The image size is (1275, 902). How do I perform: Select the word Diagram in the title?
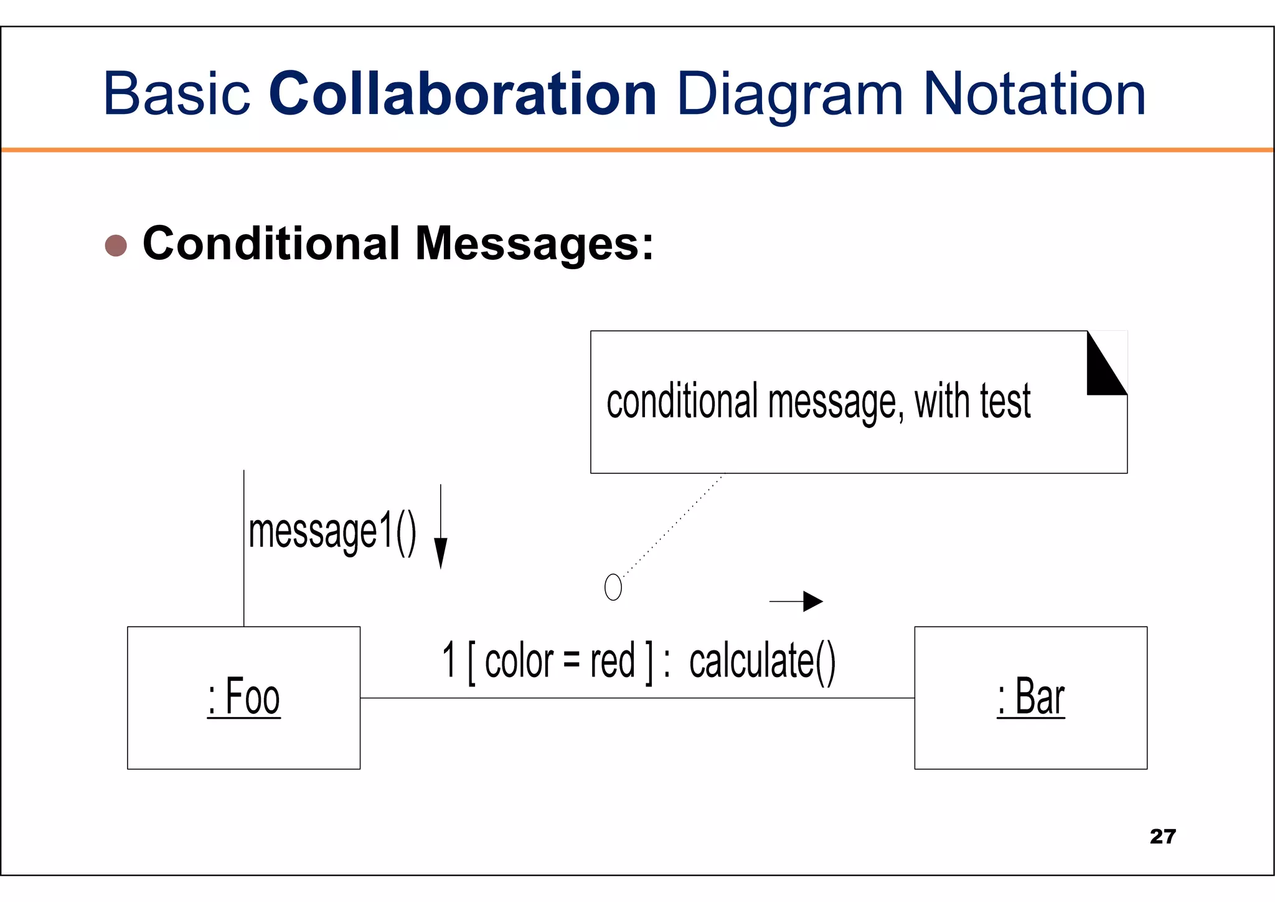tap(789, 95)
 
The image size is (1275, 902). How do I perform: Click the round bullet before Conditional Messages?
tap(116, 245)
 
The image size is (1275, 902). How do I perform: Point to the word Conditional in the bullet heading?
tap(271, 243)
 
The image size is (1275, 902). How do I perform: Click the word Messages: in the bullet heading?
tap(534, 244)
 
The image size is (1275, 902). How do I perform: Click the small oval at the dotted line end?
tap(613, 587)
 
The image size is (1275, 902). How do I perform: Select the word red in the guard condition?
tap(613, 660)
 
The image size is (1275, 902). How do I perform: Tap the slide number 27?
tap(1162, 836)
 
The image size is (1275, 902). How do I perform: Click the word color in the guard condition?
tap(519, 660)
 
